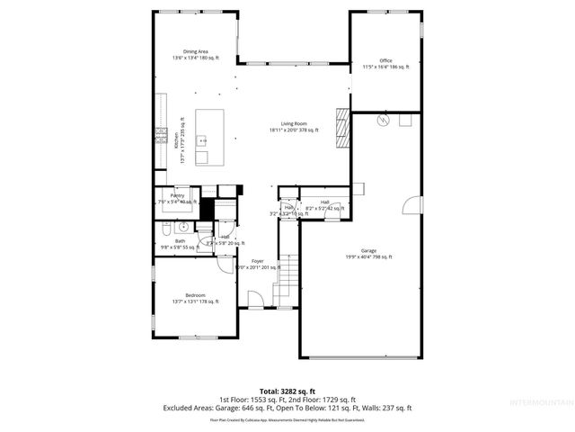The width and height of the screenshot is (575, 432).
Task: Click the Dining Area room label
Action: coord(196,52)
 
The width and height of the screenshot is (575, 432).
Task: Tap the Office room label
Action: coord(385,61)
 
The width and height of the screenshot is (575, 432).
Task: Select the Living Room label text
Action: coord(294,124)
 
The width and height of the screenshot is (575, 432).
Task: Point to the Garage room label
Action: coord(368,251)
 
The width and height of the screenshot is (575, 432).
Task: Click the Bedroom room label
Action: coord(195,295)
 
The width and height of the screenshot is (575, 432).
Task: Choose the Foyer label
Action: coord(258,261)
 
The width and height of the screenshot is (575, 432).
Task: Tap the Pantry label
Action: coord(178,195)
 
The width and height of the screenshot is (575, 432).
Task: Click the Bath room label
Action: coord(180,241)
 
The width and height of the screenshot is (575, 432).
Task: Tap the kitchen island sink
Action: coord(202,140)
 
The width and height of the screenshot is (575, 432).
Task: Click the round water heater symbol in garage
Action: coord(382,120)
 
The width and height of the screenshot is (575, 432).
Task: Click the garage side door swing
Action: coord(411,206)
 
